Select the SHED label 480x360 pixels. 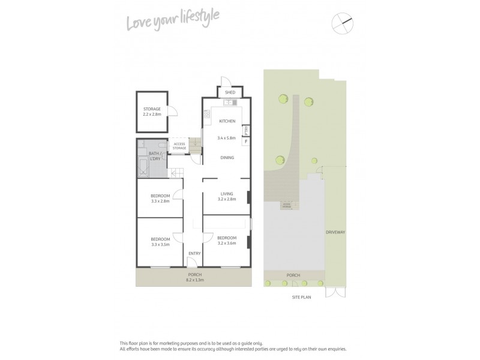click(x=229, y=93)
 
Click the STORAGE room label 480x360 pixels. click(x=152, y=109)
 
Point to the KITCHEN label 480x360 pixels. click(x=226, y=121)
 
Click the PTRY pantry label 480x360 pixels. click(x=246, y=130)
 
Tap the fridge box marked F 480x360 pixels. click(x=246, y=142)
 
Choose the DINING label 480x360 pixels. click(x=226, y=158)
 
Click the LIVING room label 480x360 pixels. click(x=226, y=193)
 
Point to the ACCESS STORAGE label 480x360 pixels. click(x=179, y=146)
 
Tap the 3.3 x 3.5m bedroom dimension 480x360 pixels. click(x=160, y=245)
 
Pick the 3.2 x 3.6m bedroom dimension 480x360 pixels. click(x=226, y=243)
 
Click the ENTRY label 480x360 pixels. click(x=194, y=253)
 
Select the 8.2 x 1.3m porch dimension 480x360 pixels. click(x=195, y=280)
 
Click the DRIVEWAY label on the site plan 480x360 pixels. click(x=335, y=232)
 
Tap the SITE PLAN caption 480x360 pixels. click(x=295, y=298)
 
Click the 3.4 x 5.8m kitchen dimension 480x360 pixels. click(x=226, y=139)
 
